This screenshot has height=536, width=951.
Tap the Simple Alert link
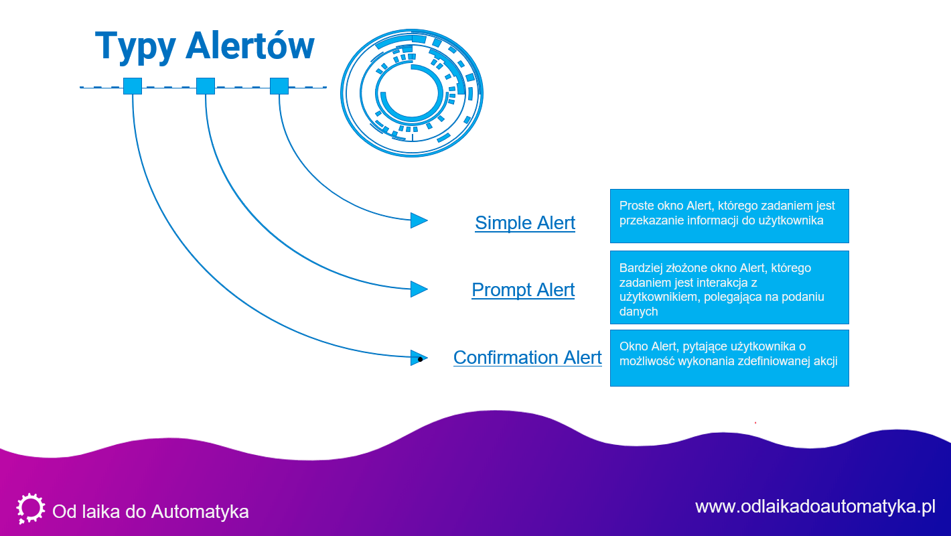tap(525, 223)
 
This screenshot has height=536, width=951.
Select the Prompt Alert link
tap(523, 290)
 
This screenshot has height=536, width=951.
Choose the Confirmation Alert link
tap(527, 358)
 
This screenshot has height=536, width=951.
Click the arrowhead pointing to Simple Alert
tap(418, 220)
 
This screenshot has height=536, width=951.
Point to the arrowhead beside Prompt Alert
tap(418, 289)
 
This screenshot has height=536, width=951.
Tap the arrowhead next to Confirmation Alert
tap(418, 358)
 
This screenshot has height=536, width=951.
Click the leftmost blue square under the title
tap(133, 86)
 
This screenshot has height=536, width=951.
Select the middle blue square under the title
tap(206, 86)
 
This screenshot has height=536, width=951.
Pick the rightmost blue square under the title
tap(279, 86)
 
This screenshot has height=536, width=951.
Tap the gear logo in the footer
tap(30, 509)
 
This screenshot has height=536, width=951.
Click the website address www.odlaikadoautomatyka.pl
tap(815, 506)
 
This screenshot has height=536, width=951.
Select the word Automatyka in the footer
tap(200, 512)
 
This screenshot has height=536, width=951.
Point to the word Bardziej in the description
tap(642, 268)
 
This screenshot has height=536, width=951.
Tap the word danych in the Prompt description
tap(638, 312)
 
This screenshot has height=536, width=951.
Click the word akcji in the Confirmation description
tap(824, 360)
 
